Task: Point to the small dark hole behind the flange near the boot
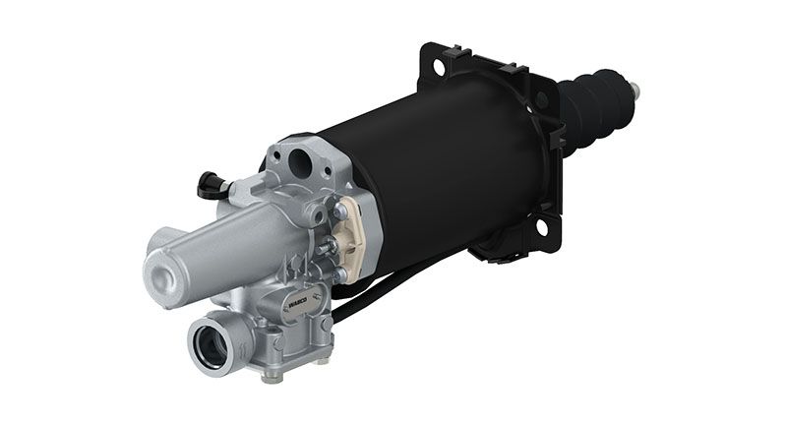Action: [x=541, y=100]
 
